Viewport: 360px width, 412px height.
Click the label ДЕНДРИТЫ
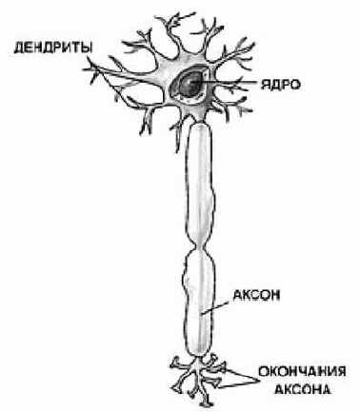tap(44, 45)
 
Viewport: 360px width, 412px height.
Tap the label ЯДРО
tap(276, 84)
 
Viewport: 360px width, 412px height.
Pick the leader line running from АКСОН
tap(219, 305)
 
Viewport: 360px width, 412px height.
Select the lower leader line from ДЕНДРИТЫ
tap(105, 86)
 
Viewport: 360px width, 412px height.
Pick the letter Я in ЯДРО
tap(260, 84)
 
